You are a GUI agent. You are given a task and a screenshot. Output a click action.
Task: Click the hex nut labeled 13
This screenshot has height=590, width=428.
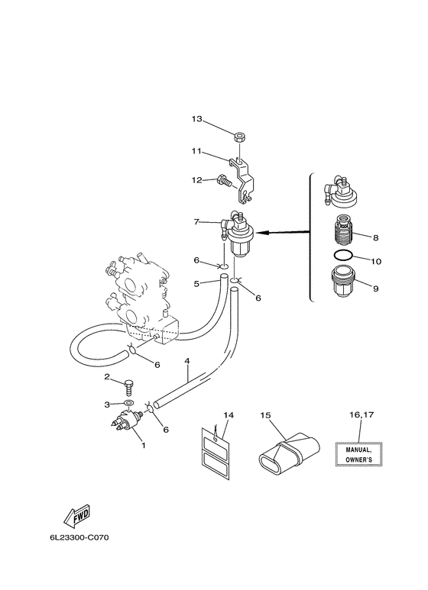tap(238, 137)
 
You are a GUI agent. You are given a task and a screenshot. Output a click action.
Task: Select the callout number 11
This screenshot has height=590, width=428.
tap(196, 151)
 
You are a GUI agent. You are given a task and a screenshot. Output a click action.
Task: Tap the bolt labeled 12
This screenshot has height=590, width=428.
tap(223, 182)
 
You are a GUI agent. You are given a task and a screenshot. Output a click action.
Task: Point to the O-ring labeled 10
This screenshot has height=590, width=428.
tap(343, 255)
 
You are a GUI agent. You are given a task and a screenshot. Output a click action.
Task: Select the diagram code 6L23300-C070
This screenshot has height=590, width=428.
tap(79, 537)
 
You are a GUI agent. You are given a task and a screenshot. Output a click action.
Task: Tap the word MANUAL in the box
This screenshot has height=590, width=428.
tap(358, 450)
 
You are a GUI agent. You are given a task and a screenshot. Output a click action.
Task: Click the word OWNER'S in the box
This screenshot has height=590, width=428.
tap(358, 459)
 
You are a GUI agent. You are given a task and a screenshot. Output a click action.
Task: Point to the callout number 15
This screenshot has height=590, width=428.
tap(266, 415)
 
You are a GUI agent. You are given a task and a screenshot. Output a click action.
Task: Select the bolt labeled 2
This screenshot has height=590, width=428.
tap(128, 388)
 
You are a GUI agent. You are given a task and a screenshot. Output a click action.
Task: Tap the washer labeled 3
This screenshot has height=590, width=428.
tap(128, 404)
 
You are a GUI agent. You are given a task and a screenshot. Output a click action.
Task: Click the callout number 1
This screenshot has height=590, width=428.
tap(143, 446)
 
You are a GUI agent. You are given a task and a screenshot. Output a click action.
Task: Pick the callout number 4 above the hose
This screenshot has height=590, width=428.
tap(187, 361)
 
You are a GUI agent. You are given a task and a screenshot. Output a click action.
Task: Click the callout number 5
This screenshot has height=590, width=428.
tap(196, 283)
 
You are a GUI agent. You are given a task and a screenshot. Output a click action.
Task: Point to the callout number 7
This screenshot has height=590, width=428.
tap(196, 221)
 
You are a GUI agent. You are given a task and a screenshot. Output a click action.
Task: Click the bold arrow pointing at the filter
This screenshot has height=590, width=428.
tap(284, 233)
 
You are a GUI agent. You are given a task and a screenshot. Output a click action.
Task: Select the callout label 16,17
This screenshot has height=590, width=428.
tap(362, 414)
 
